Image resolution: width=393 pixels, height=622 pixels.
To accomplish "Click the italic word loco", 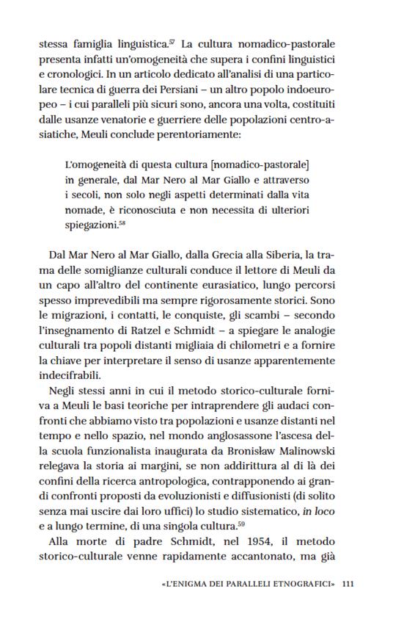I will click(x=338, y=511).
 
